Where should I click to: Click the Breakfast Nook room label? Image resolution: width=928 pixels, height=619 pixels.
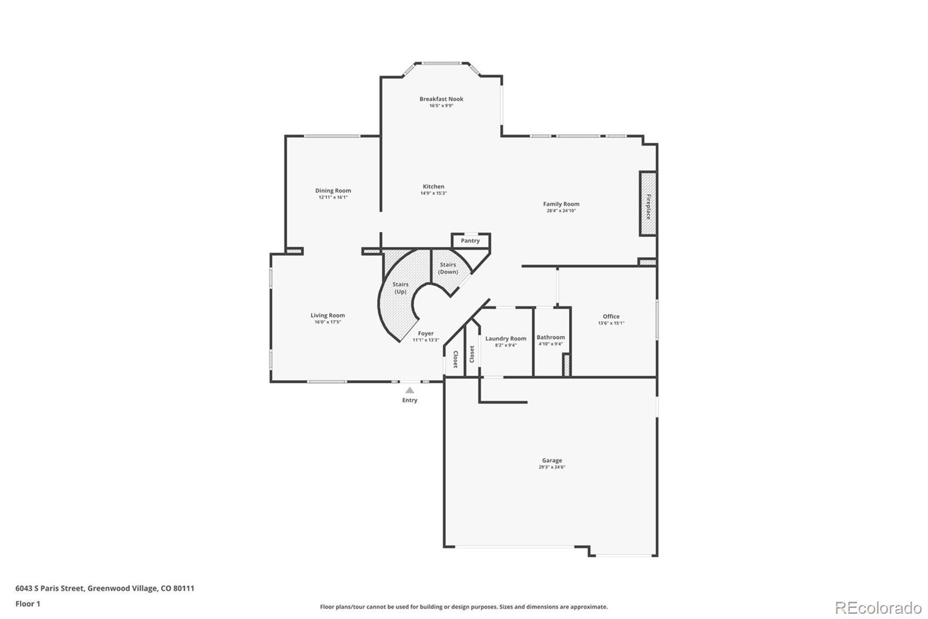[x=441, y=99]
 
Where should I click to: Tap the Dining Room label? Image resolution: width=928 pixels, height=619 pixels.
[x=333, y=190]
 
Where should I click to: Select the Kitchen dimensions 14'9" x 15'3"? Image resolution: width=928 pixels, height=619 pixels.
[x=433, y=193]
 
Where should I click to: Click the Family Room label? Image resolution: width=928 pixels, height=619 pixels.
[x=561, y=204]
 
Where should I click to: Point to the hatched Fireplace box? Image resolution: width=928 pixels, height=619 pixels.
[x=648, y=204]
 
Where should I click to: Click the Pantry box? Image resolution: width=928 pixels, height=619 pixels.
[x=470, y=240]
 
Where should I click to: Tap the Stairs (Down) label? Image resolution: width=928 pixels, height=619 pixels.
[x=448, y=268]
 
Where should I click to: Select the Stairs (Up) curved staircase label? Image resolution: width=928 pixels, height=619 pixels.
[x=400, y=288]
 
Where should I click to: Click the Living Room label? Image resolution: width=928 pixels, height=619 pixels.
[x=328, y=315]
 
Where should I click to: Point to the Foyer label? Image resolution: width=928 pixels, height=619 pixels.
[x=426, y=333]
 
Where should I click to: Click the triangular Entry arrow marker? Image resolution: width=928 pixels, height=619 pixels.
[x=409, y=390]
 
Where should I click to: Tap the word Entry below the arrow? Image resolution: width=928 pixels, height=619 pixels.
[x=409, y=400]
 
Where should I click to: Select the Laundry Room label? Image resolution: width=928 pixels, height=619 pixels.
[x=506, y=339]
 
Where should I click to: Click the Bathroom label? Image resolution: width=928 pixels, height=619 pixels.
[x=550, y=337]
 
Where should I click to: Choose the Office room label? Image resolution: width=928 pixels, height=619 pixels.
[x=611, y=316]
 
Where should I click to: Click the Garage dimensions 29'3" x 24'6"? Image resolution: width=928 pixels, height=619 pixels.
[x=552, y=467]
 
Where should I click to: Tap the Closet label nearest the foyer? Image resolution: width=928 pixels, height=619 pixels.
[x=455, y=359]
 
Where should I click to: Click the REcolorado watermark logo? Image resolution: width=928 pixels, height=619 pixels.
[x=878, y=608]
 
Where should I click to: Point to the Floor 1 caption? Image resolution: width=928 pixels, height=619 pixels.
[x=28, y=604]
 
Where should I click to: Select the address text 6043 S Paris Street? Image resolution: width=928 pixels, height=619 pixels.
[x=50, y=588]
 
